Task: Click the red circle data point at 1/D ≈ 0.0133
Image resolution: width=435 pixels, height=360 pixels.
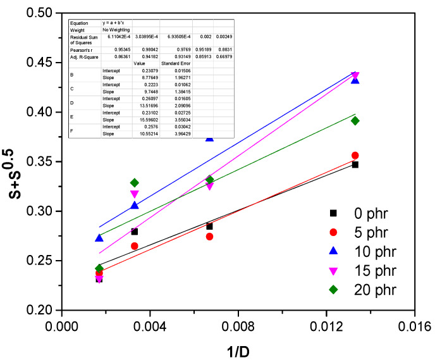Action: click(x=355, y=155)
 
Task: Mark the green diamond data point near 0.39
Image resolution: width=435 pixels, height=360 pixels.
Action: click(x=355, y=121)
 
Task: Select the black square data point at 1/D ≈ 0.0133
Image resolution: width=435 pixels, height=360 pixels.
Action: click(x=355, y=164)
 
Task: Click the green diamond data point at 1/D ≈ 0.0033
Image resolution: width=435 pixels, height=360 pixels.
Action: click(x=135, y=182)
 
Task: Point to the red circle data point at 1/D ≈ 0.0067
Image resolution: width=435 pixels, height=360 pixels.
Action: click(x=209, y=236)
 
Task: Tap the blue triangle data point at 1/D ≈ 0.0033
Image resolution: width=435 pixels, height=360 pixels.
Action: click(x=135, y=205)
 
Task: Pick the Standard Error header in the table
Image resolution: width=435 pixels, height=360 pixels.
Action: click(x=174, y=64)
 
